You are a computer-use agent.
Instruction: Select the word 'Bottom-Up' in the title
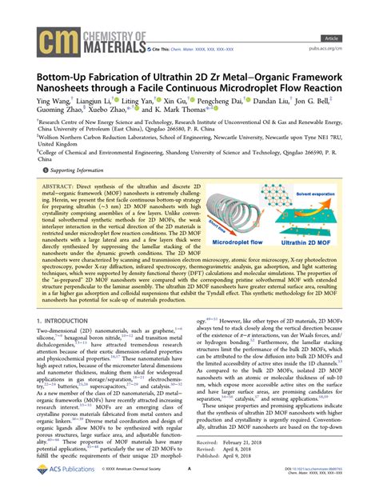[66, 69]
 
